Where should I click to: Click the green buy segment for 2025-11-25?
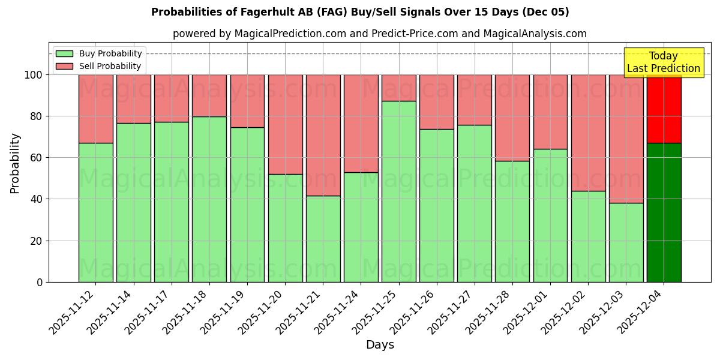[x=399, y=191]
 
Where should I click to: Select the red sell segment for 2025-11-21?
[x=323, y=135]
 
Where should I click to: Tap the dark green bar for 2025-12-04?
[x=664, y=212]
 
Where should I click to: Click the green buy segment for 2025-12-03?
[x=626, y=242]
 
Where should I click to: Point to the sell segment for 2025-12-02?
[x=588, y=133]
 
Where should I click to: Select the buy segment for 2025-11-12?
[x=95, y=212]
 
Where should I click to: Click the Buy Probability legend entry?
[x=99, y=53]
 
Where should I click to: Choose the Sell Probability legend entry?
[x=99, y=66]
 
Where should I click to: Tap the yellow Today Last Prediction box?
[x=663, y=62]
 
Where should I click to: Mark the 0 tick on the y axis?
[x=40, y=282]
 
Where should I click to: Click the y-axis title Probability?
[x=15, y=163]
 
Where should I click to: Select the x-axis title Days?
[x=380, y=345]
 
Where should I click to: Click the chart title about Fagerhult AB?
[x=360, y=12]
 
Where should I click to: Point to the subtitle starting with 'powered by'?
[x=380, y=34]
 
